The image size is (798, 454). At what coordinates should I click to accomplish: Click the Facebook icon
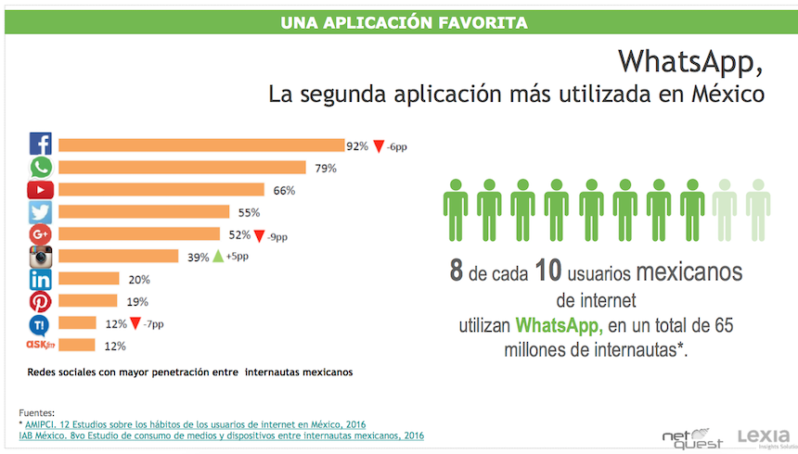(40, 145)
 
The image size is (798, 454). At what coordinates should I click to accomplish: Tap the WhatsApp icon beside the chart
(40, 168)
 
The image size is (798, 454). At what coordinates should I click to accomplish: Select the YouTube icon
(40, 190)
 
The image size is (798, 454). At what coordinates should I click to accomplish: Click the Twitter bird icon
(40, 212)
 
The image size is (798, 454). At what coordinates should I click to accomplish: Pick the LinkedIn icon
(40, 280)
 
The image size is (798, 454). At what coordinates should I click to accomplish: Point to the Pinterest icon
(40, 301)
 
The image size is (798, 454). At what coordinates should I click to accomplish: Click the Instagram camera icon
(40, 257)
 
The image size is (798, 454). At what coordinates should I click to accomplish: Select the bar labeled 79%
(182, 168)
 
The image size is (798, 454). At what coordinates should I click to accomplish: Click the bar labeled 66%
(161, 190)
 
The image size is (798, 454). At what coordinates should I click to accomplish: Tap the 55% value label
(249, 212)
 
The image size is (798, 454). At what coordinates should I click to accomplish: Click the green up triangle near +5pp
(218, 257)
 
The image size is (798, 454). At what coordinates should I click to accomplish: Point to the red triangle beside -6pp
(379, 146)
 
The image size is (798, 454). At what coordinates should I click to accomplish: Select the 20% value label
(139, 280)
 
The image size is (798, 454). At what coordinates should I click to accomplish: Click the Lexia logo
(763, 435)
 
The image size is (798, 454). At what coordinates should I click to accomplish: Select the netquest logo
(691, 435)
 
